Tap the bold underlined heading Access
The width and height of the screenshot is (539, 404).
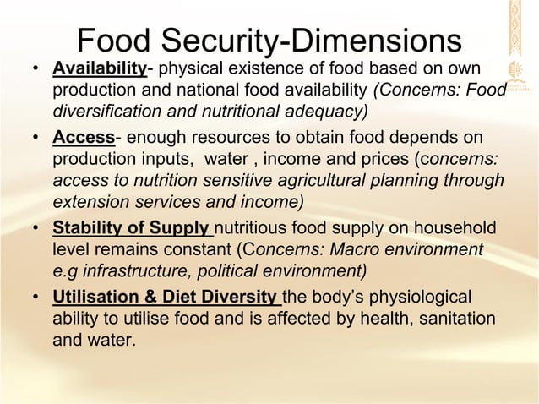tap(83, 138)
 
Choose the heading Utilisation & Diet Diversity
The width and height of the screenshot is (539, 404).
tap(166, 298)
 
